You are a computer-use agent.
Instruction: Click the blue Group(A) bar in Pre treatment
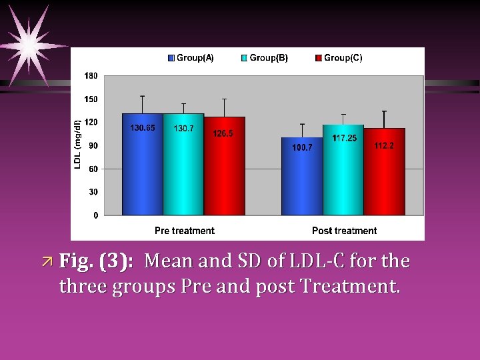click(143, 167)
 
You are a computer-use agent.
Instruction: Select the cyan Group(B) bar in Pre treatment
click(183, 167)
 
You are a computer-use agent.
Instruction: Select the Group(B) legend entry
click(265, 58)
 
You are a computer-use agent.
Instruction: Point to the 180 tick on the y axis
click(91, 76)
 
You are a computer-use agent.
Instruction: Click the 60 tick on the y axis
click(93, 169)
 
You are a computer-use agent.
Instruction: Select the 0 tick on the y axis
click(95, 215)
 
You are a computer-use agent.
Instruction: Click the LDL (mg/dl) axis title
click(78, 144)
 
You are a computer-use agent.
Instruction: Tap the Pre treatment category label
click(184, 231)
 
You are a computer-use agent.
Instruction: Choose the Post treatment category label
click(344, 231)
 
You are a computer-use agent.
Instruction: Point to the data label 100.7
click(302, 147)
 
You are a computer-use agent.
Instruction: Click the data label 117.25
click(345, 138)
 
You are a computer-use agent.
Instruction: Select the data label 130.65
click(143, 127)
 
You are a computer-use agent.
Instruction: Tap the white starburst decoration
click(30, 45)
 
